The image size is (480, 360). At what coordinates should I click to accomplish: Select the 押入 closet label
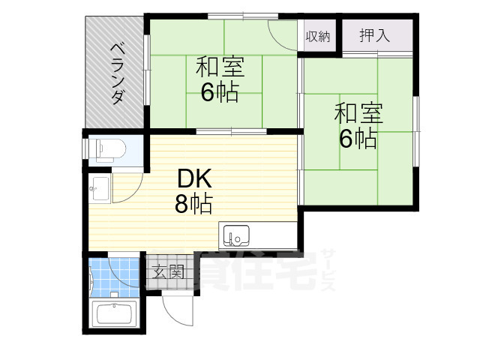(x=376, y=34)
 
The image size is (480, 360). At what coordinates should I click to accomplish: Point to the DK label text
(x=195, y=178)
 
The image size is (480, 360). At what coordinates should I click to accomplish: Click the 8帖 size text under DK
(x=194, y=203)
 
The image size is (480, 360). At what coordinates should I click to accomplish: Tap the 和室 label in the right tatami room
(x=358, y=115)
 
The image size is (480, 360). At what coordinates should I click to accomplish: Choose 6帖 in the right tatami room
(x=358, y=139)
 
